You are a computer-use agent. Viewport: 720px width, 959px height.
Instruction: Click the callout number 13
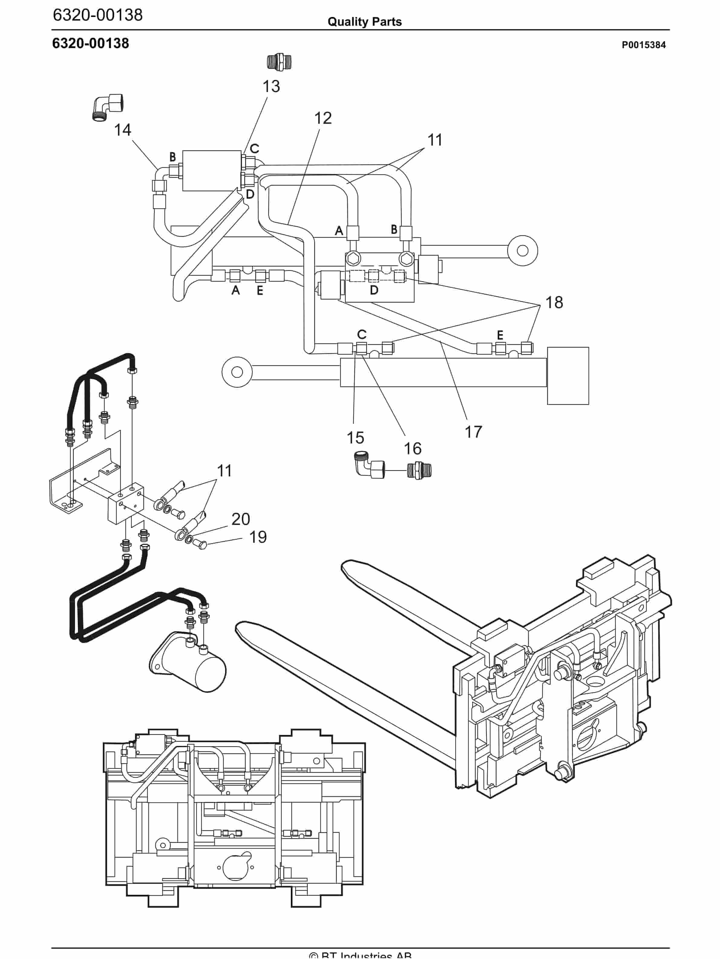coord(271,86)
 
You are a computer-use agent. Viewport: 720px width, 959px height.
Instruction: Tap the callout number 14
coord(122,130)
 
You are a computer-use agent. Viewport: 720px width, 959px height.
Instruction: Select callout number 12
coord(323,118)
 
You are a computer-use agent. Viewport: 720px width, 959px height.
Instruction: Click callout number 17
coord(473,432)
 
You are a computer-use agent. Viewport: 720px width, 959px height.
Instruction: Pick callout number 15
coord(355,438)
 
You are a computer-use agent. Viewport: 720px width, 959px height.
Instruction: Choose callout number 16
coord(412,448)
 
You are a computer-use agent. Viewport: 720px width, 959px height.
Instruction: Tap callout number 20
coord(241,519)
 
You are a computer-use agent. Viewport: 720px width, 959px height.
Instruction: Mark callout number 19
coord(258,537)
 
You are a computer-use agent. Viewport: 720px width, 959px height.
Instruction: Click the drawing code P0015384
coord(643,45)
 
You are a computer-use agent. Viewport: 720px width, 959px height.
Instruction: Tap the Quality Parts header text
coord(364,22)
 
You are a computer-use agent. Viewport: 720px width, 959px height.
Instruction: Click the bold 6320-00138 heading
coord(90,43)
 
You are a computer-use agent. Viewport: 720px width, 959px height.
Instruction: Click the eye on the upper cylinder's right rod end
coord(522,251)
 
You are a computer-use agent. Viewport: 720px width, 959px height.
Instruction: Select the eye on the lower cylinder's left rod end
coord(237,372)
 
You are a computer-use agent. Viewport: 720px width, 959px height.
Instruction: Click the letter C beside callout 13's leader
coord(254,148)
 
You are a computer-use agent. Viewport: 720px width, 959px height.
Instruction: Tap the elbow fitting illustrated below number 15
coord(368,466)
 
